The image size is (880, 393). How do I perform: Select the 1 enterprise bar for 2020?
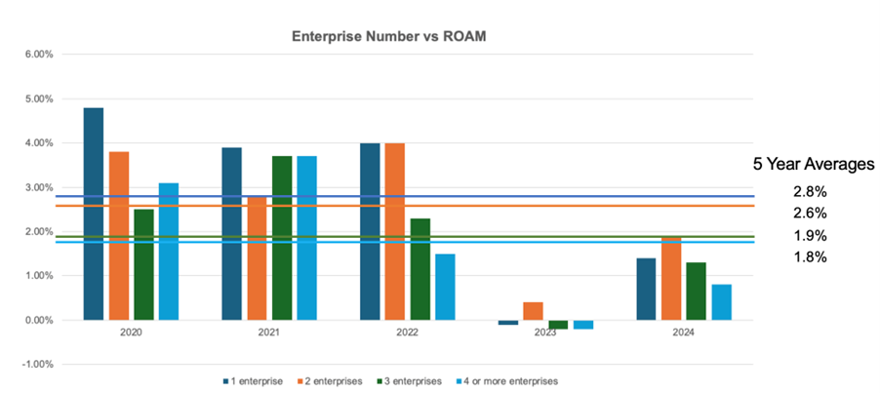[x=94, y=214]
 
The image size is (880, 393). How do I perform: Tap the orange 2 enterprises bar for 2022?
[x=395, y=231]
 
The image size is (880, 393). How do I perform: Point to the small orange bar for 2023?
[x=534, y=311]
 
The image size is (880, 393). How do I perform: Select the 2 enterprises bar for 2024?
[x=672, y=278]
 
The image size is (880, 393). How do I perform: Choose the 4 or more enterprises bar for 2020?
[x=168, y=252]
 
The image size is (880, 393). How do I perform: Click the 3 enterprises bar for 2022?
[x=420, y=269]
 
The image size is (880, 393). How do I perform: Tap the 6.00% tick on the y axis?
[x=37, y=55]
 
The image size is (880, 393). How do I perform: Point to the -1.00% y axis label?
[x=35, y=365]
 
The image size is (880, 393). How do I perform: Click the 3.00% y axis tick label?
[x=37, y=187]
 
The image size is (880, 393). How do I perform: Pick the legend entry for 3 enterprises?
[x=411, y=380]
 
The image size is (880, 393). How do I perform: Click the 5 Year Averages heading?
[x=813, y=165]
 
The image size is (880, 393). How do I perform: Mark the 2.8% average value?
[x=810, y=190]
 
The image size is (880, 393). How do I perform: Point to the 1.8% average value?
[x=810, y=257]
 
